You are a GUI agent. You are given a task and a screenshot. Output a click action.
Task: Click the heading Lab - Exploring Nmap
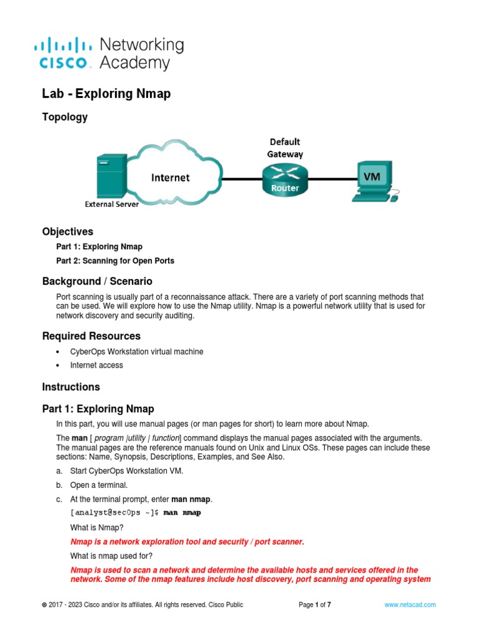pyautogui.click(x=106, y=94)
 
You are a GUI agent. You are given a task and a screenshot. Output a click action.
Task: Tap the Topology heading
pyautogui.click(x=65, y=117)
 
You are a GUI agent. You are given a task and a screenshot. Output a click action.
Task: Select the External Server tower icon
pyautogui.click(x=103, y=176)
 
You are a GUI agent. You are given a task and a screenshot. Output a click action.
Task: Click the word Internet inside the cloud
pyautogui.click(x=170, y=178)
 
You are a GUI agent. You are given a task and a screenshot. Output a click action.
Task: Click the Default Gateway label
pyautogui.click(x=285, y=148)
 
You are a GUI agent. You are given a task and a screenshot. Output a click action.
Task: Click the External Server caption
pyautogui.click(x=111, y=204)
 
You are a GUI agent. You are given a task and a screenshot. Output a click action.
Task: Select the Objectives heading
pyautogui.click(x=67, y=232)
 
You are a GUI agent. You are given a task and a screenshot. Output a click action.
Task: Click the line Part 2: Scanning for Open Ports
pyautogui.click(x=115, y=261)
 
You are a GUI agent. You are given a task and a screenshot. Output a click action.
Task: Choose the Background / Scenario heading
pyautogui.click(x=97, y=282)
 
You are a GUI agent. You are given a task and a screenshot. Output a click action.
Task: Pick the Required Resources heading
pyautogui.click(x=91, y=336)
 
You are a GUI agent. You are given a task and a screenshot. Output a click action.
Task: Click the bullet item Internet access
pyautogui.click(x=96, y=365)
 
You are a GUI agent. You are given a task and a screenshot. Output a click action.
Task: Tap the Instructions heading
pyautogui.click(x=71, y=387)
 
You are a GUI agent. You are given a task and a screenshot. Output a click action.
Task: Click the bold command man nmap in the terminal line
pyautogui.click(x=182, y=513)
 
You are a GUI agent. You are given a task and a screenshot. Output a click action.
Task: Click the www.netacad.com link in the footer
pyautogui.click(x=410, y=605)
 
